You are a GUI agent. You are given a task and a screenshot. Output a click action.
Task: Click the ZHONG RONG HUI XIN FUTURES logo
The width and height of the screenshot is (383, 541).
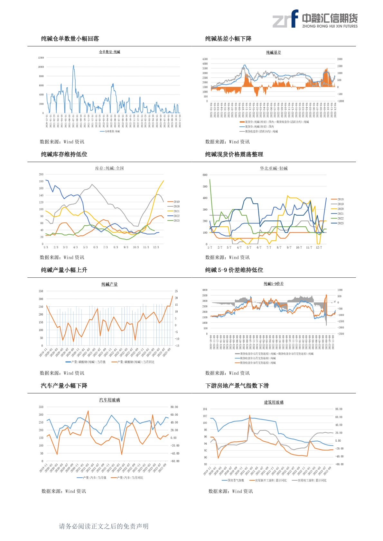[315, 19]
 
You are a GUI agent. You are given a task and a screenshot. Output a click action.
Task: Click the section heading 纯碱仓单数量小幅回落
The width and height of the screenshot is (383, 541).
[70, 39]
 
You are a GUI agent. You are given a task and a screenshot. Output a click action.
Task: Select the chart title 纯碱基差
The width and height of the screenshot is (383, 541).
[273, 52]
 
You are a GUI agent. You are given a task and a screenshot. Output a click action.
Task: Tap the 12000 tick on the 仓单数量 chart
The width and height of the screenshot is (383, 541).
[41, 58]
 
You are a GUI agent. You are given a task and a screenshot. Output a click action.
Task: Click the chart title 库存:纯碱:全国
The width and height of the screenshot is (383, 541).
[109, 168]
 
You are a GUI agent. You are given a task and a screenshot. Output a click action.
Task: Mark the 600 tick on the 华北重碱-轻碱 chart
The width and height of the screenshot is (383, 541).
[205, 175]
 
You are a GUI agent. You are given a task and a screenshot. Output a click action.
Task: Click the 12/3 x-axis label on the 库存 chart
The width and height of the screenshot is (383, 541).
[156, 247]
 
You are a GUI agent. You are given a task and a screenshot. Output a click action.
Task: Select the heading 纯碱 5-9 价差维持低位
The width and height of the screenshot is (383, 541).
[234, 270]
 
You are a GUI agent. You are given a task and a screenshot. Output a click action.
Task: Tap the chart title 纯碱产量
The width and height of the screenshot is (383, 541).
[109, 284]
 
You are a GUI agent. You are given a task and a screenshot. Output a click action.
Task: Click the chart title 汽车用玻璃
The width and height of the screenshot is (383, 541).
[109, 400]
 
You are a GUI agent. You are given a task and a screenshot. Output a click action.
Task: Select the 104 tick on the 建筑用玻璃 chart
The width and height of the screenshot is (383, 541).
[205, 409]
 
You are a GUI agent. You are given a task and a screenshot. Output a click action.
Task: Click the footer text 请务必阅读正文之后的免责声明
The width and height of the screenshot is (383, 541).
[104, 526]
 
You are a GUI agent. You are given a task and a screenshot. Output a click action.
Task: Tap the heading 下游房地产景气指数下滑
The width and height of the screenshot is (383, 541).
[237, 386]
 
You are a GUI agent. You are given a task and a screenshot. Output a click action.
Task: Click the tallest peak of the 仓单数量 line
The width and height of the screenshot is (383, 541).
[74, 65]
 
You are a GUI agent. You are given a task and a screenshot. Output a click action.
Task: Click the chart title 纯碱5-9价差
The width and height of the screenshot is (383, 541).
[274, 284]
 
